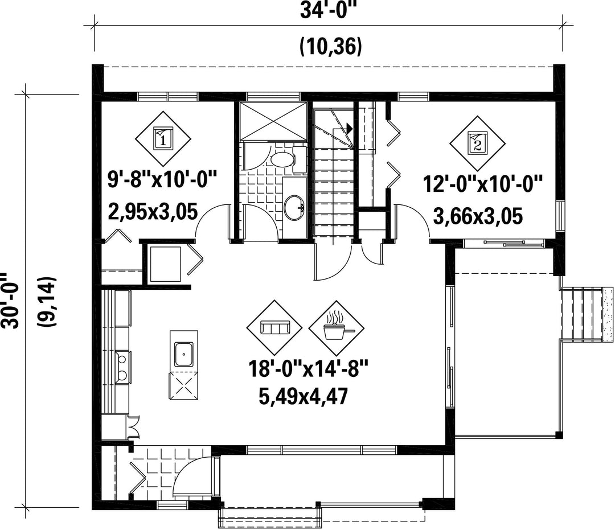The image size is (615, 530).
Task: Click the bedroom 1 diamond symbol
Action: click(x=163, y=139)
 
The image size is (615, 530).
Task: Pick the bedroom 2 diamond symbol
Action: click(x=477, y=143)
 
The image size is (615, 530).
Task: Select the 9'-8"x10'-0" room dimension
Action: click(x=162, y=181)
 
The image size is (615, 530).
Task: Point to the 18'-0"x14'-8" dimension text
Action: click(x=308, y=369)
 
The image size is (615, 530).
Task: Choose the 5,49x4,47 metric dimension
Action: click(x=303, y=396)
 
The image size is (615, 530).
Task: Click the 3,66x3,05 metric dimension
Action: click(x=478, y=216)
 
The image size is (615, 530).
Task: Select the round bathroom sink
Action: click(x=294, y=208)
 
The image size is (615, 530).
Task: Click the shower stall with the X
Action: click(x=273, y=121)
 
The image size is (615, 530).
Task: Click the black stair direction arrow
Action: click(x=348, y=128)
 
